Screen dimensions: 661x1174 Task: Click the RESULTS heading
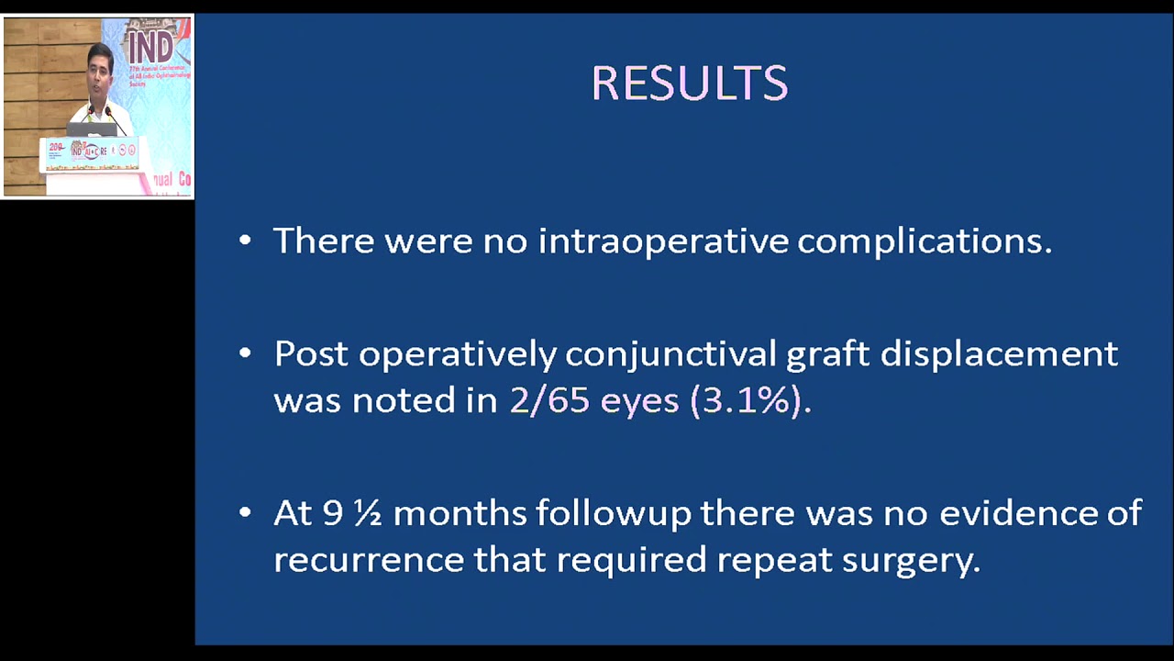click(690, 84)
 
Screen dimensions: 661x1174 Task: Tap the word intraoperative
click(663, 241)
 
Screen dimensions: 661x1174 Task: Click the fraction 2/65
click(549, 401)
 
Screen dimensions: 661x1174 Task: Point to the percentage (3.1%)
click(747, 401)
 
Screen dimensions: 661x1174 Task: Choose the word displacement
click(999, 354)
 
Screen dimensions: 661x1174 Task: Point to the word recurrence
click(369, 560)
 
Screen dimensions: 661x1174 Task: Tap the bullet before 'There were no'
click(245, 241)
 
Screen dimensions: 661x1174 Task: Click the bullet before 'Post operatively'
click(245, 353)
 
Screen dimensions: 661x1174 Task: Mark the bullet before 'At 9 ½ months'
click(245, 512)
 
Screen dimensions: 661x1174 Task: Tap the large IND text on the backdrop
click(150, 46)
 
